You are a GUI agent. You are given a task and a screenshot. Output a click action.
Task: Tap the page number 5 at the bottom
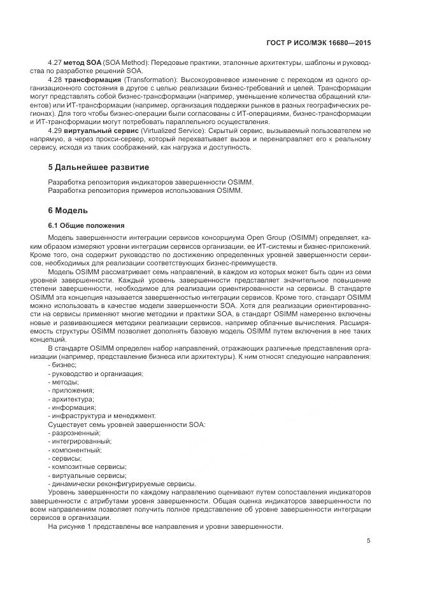(x=368, y=541)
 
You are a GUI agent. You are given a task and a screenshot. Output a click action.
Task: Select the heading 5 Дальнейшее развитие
(x=99, y=167)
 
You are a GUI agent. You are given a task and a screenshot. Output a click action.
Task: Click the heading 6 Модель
(x=68, y=210)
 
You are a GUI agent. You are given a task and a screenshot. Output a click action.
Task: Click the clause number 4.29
(x=55, y=130)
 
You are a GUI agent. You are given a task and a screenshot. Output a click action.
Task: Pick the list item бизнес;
(x=62, y=365)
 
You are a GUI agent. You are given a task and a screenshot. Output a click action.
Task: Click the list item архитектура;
(x=72, y=398)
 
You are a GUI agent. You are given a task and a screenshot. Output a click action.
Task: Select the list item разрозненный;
(x=74, y=433)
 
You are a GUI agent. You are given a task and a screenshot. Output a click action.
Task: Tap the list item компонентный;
(x=75, y=449)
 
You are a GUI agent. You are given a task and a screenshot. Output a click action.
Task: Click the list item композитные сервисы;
(x=87, y=466)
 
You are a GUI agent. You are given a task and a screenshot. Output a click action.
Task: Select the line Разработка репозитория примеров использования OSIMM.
(x=145, y=190)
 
